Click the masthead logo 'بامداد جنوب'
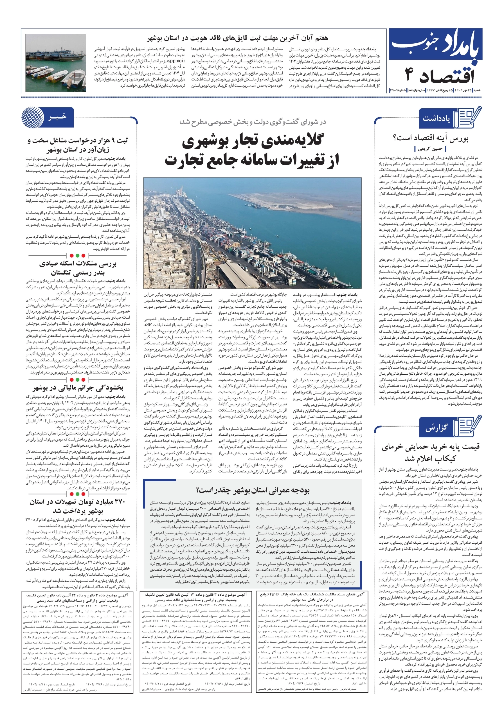[436, 47]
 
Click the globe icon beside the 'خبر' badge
[33, 117]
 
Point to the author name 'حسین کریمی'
[430, 149]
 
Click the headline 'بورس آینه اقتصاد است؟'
[430, 138]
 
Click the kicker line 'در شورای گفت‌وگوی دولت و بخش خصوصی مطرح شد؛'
[253, 122]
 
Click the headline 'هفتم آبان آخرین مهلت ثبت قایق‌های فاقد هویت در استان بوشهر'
[238, 39]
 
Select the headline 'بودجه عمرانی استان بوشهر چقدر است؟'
[253, 490]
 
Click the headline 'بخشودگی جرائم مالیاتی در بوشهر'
[78, 388]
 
